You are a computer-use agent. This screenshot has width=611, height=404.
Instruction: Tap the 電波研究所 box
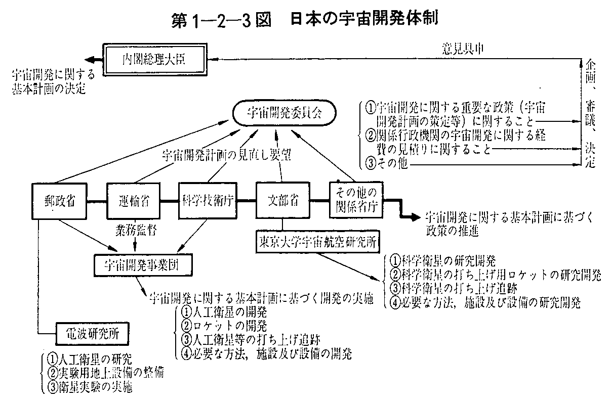pyautogui.click(x=91, y=334)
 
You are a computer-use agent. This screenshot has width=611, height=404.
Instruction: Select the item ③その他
pyautogui.click(x=387, y=164)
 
